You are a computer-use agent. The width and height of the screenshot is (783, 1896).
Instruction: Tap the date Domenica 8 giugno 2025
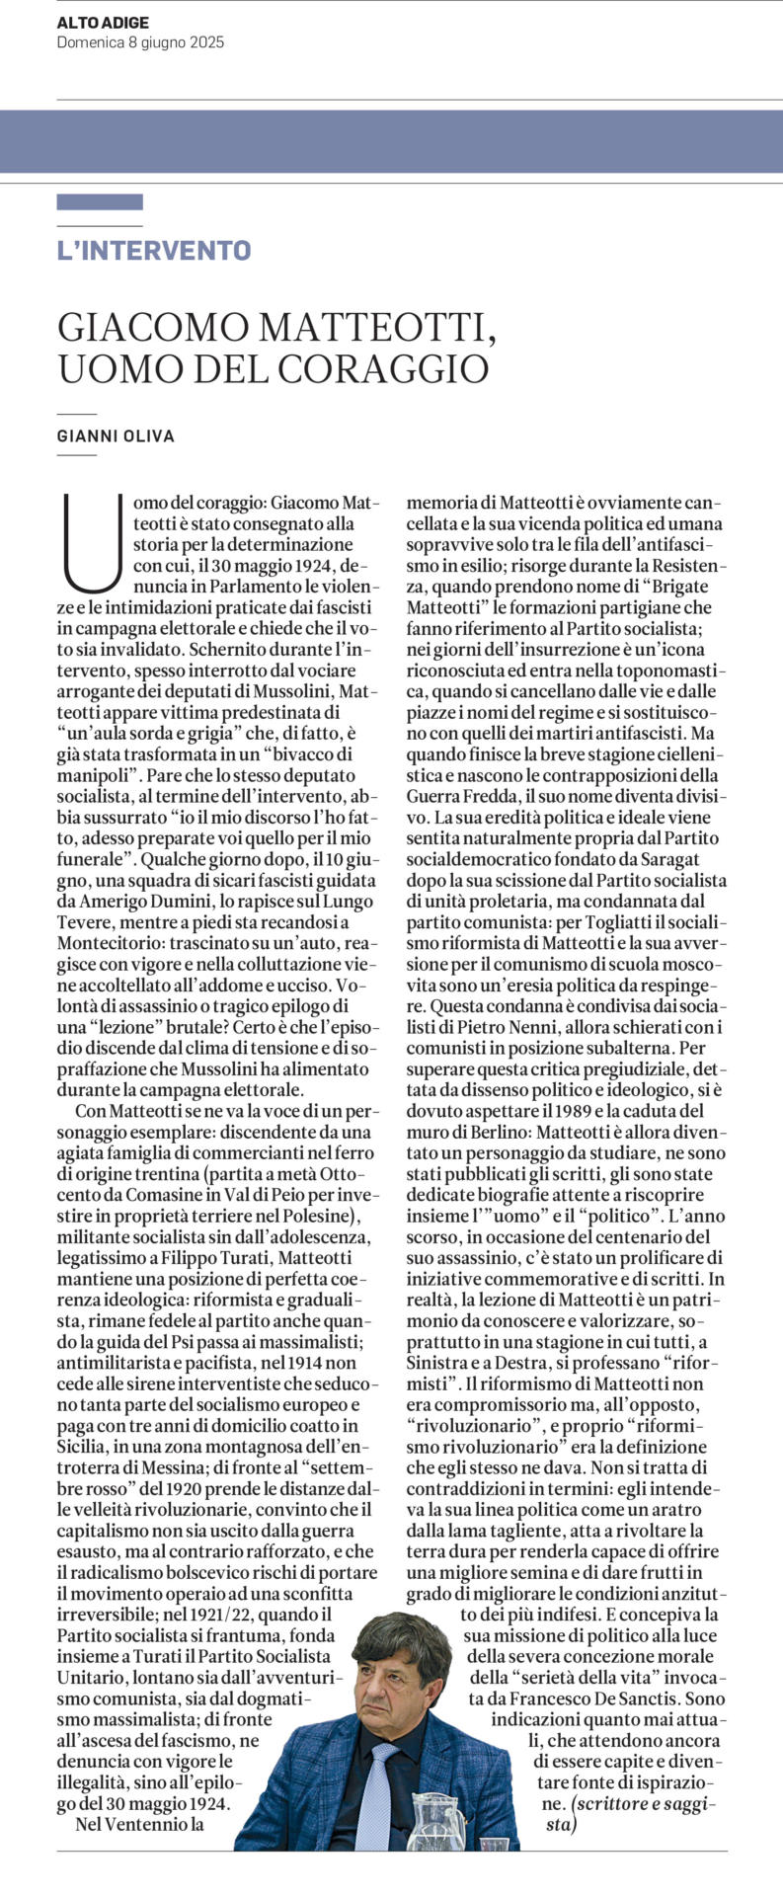140,42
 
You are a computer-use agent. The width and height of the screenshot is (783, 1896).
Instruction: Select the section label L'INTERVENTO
154,251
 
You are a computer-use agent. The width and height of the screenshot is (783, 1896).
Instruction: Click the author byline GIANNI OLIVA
116,435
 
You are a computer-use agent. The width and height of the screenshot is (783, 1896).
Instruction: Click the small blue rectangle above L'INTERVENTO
100,202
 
